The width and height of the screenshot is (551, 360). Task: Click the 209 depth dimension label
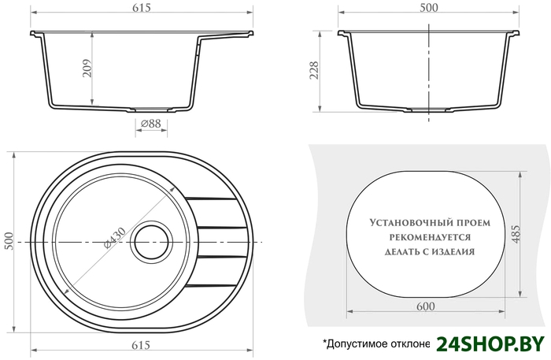coord(87,69)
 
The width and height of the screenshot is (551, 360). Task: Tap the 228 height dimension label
coord(314,70)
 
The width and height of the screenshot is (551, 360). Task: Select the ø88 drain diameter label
coord(151,124)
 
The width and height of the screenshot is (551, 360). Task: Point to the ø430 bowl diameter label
coord(115,238)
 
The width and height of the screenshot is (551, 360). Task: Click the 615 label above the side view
coord(142,8)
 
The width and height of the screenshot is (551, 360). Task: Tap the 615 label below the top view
coord(141,345)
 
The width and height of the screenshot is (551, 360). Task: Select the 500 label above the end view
coord(429,8)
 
